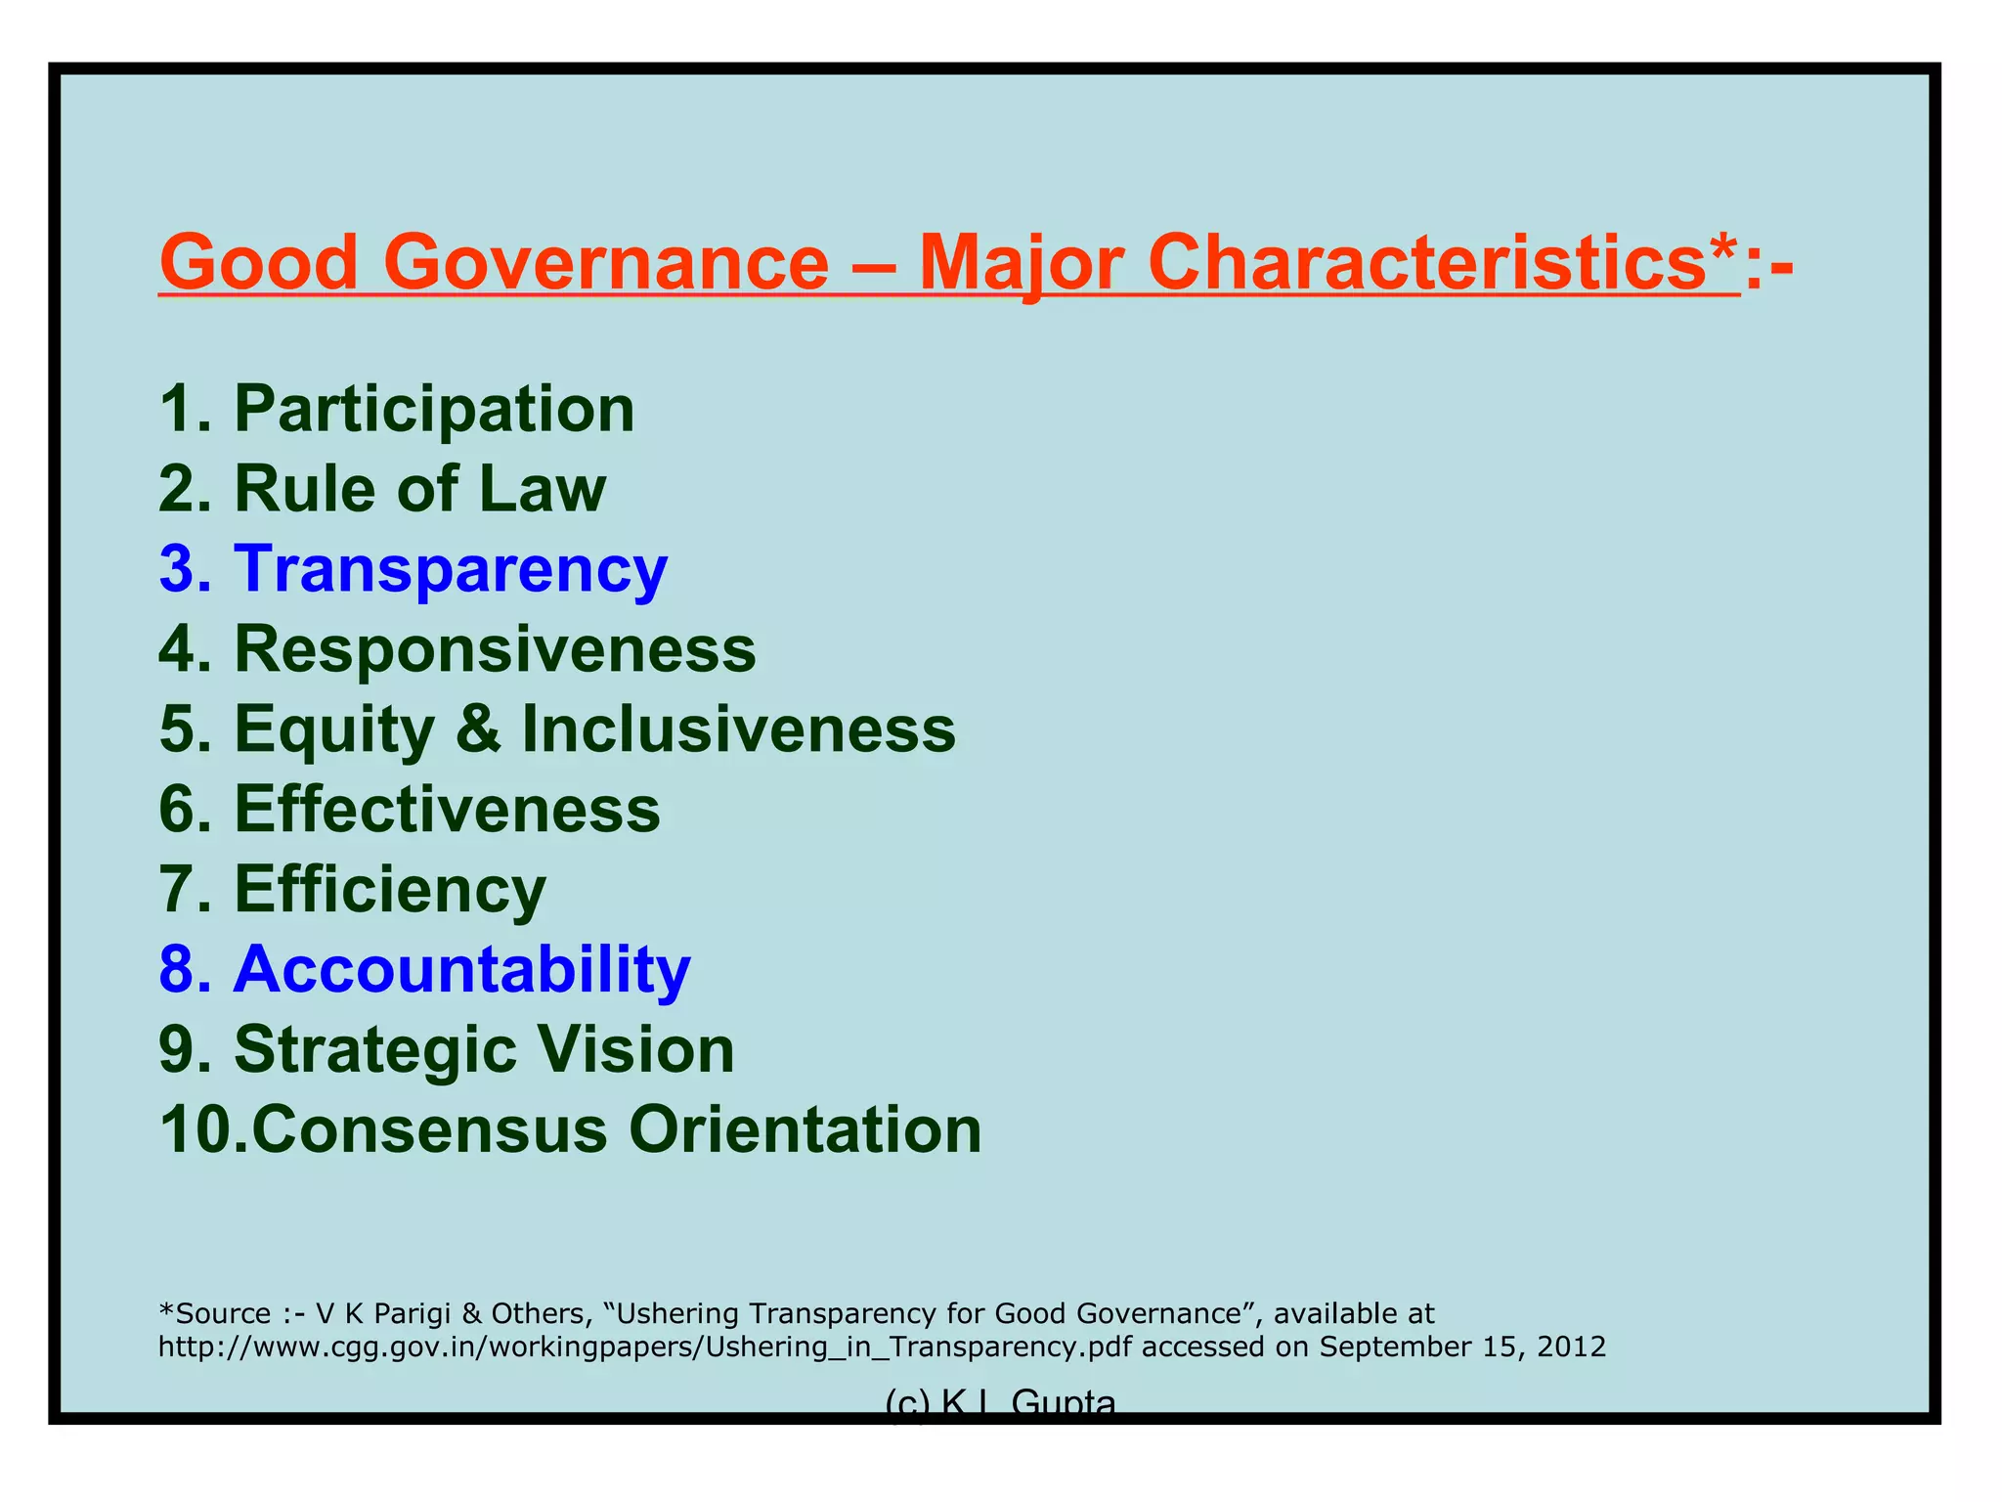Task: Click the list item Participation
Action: (x=434, y=409)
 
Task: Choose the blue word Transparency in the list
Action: (x=450, y=569)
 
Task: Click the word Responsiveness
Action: (x=495, y=649)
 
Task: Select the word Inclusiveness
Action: (x=738, y=729)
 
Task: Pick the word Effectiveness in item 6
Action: (x=447, y=810)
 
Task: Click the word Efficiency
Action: (x=390, y=890)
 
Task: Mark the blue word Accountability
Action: (x=461, y=970)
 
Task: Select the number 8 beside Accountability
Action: (x=178, y=970)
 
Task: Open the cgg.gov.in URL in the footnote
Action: (x=645, y=1347)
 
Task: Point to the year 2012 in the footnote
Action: (x=1572, y=1347)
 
